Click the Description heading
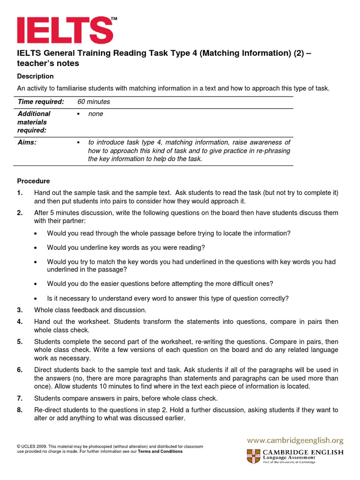35,76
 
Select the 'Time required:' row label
41,102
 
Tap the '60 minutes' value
94,102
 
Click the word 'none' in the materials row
96,114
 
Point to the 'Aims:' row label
27,142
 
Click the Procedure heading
33,181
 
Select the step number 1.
20,193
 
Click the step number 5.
20,342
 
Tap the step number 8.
20,410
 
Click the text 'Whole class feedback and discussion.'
90,310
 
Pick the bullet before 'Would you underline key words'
36,247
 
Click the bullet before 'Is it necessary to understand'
36,299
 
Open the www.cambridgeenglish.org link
295,441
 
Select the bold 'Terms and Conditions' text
160,451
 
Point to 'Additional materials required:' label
34,122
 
